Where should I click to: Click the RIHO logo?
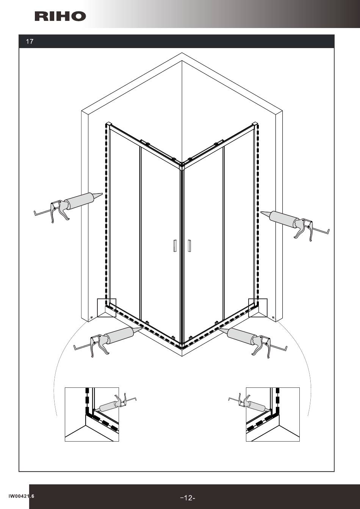pyautogui.click(x=60, y=16)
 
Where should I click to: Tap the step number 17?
pyautogui.click(x=30, y=42)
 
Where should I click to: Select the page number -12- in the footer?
pyautogui.click(x=188, y=498)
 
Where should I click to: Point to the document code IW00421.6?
pyautogui.click(x=21, y=496)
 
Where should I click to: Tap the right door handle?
pyautogui.click(x=189, y=245)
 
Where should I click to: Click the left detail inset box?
pyautogui.click(x=92, y=414)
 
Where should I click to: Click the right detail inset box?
pyautogui.click(x=273, y=414)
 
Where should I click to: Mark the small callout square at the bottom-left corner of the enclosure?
pyautogui.click(x=106, y=308)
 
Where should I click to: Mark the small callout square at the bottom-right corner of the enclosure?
pyautogui.click(x=258, y=308)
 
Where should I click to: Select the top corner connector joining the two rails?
pyautogui.click(x=182, y=164)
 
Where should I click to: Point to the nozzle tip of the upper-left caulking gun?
pyautogui.click(x=102, y=194)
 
